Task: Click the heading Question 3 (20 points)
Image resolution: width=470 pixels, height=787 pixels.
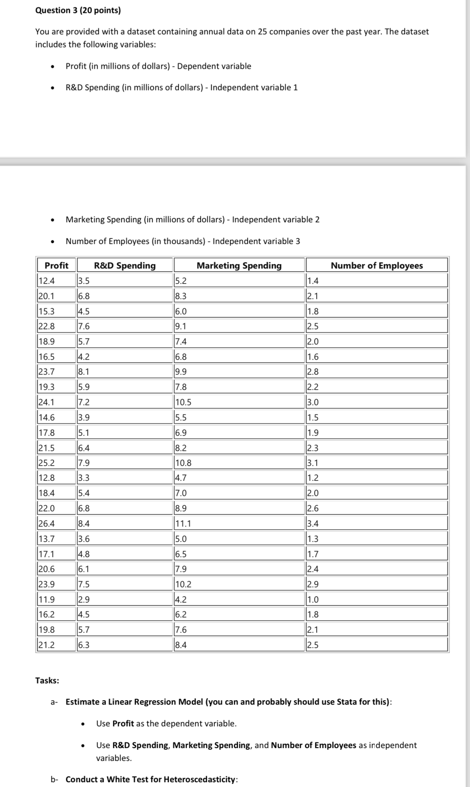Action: [78, 10]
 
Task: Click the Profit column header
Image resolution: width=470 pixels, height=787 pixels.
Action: [56, 265]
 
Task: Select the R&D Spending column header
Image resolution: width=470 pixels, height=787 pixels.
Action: [125, 265]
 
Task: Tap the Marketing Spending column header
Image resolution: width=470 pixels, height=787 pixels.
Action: [239, 265]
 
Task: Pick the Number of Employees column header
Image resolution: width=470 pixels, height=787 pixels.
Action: [376, 265]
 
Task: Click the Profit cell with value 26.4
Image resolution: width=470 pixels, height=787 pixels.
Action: [47, 523]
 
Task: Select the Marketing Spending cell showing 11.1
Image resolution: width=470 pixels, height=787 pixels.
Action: [183, 523]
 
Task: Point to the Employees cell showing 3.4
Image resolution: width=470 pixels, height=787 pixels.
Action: [313, 523]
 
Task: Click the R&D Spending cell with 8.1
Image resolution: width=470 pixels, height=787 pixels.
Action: [84, 372]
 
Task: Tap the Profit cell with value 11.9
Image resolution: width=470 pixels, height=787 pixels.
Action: [47, 599]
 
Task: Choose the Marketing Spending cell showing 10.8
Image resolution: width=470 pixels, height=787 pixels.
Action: [184, 463]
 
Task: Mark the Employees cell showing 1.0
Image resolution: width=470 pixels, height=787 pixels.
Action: [313, 599]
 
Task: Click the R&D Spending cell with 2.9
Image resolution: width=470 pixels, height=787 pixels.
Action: [84, 599]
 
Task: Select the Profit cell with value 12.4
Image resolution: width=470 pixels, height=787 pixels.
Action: [47, 281]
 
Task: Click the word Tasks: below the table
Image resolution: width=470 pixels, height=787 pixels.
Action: [47, 680]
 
